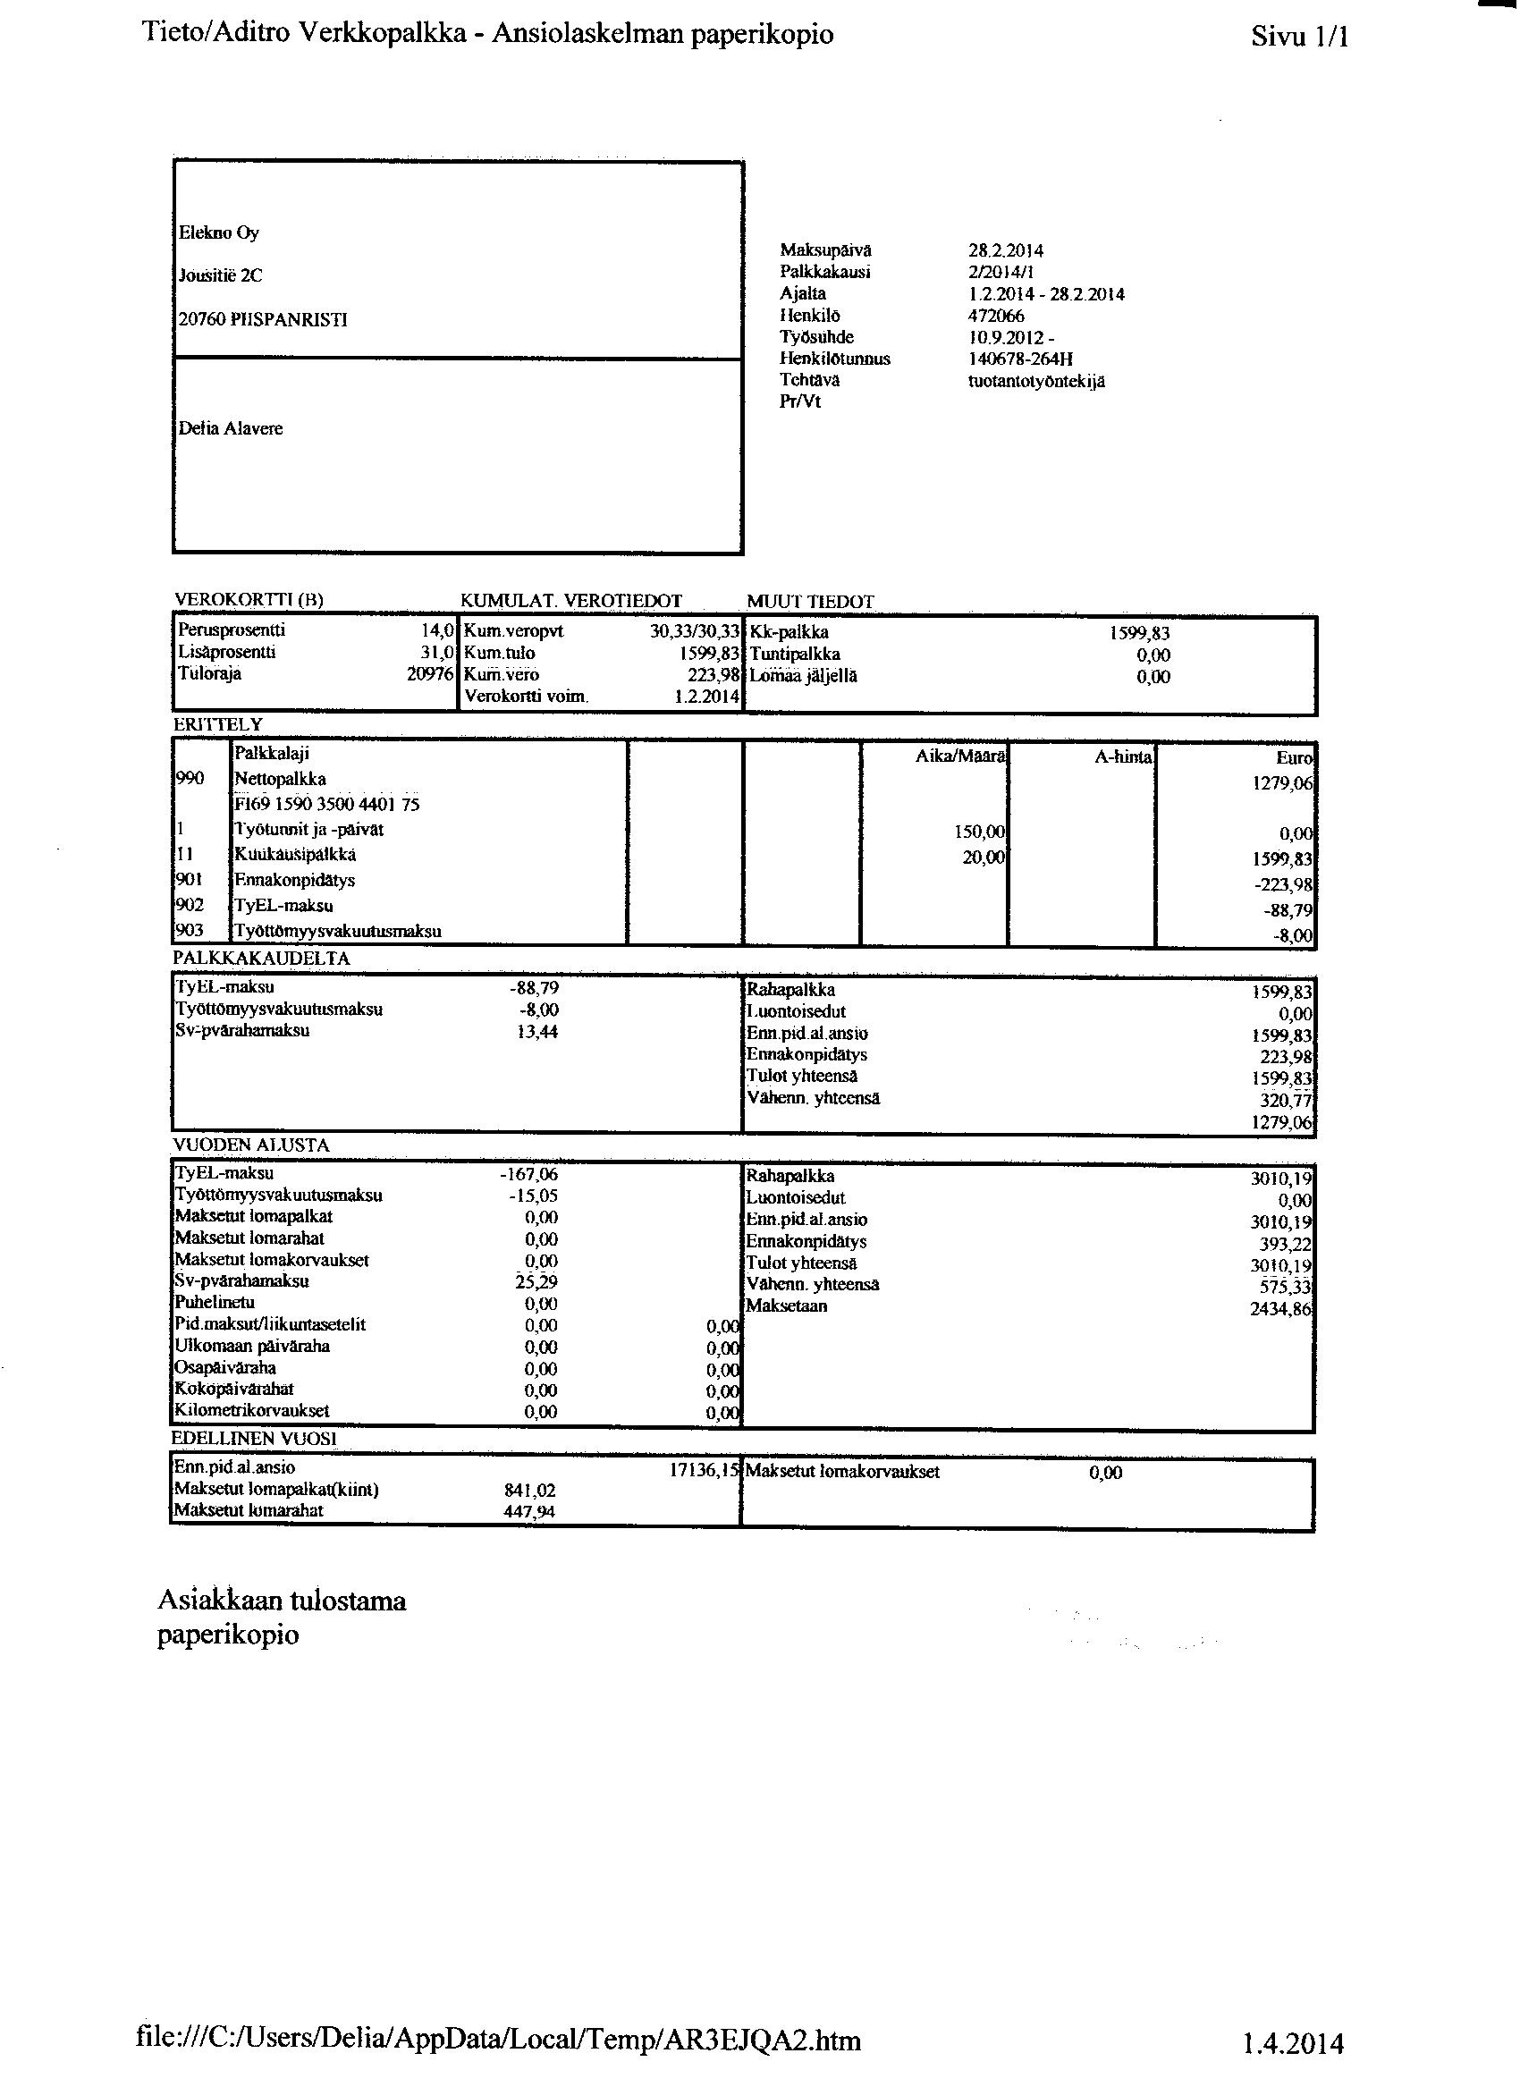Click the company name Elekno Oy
click(x=219, y=232)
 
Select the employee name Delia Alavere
click(x=230, y=429)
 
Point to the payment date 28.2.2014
click(x=1005, y=250)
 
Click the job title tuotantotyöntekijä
click(x=1035, y=381)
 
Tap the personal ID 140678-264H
click(x=1019, y=359)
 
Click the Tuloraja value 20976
click(x=431, y=674)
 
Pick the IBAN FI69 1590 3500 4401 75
click(x=326, y=804)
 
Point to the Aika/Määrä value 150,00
click(x=980, y=832)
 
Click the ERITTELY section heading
click(x=218, y=725)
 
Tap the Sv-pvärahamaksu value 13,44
click(x=537, y=1032)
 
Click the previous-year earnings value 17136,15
click(x=704, y=1472)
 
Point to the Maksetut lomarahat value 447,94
click(x=529, y=1512)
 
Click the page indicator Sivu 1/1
click(x=1299, y=37)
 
